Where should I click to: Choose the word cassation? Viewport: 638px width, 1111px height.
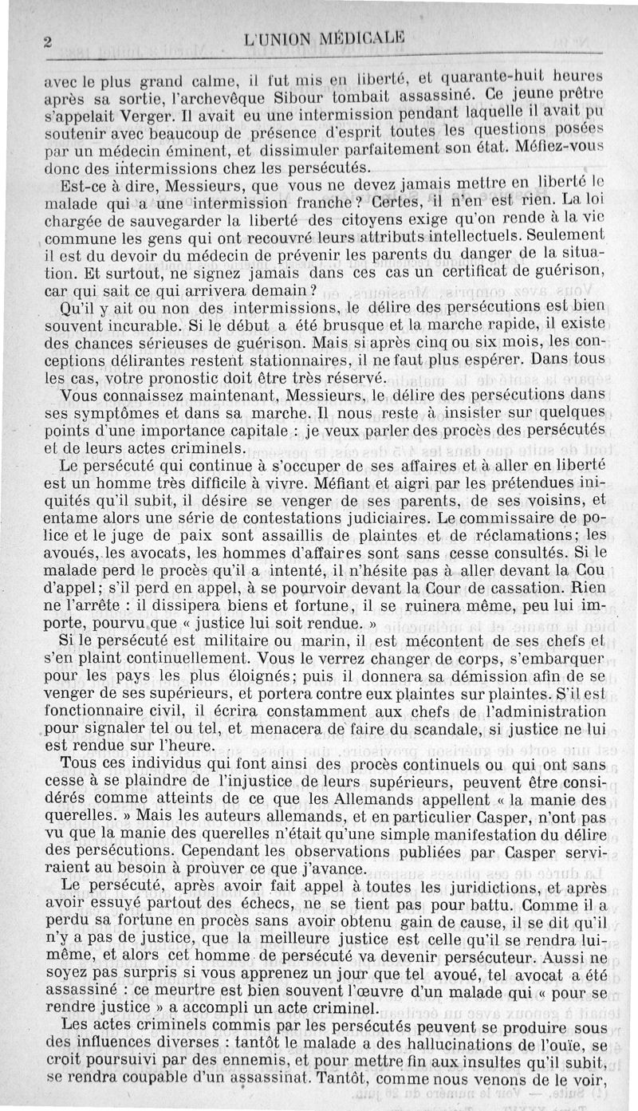pos(432,588)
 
